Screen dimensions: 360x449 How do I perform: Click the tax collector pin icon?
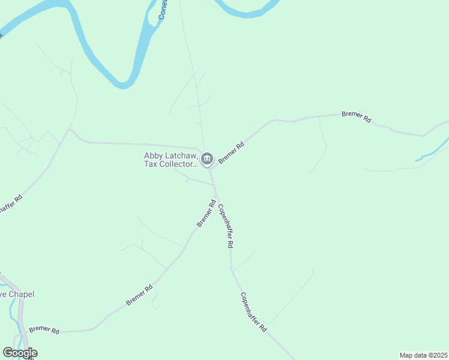coord(206,159)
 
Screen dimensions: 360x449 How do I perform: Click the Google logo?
coord(20,353)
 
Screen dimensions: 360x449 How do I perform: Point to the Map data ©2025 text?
coord(423,355)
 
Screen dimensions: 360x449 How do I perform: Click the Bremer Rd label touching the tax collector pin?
coord(232,152)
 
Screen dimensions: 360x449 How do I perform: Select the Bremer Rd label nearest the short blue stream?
coord(356,116)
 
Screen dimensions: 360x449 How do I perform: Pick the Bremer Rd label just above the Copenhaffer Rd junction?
coord(206,214)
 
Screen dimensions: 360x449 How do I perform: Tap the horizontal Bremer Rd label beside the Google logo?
coord(44,329)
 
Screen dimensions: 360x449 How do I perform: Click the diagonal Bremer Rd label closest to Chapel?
coord(139,295)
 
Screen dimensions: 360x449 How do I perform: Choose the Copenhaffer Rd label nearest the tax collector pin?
coord(225,226)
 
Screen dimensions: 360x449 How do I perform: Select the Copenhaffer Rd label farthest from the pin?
coord(253,313)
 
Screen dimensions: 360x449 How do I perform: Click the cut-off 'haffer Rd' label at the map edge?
coord(10,205)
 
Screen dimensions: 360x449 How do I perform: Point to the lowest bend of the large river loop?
coord(124,84)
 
